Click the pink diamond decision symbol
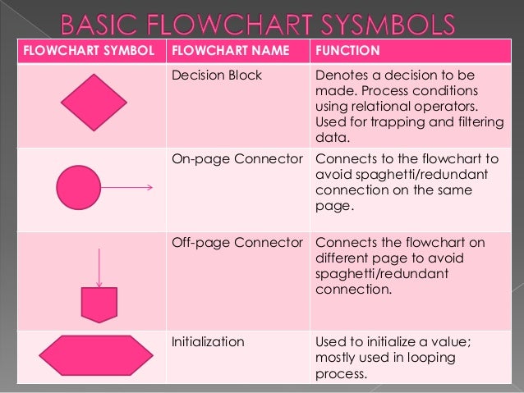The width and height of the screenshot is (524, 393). [94, 103]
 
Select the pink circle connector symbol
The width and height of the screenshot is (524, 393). [77, 188]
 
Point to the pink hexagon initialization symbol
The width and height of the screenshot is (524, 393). [96, 354]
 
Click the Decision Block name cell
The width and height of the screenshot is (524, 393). [217, 75]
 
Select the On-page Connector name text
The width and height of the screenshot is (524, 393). [237, 158]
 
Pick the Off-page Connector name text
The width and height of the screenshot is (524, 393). [237, 243]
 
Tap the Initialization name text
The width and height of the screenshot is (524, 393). [208, 341]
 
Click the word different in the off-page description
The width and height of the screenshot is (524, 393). [343, 258]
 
